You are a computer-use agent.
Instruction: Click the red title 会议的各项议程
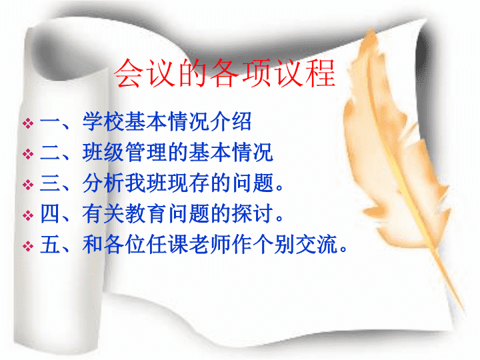click(x=225, y=73)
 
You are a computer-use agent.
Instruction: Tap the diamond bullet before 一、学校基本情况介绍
click(x=28, y=123)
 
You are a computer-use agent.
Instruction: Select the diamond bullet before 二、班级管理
click(x=28, y=154)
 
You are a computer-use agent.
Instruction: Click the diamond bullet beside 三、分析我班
click(x=28, y=185)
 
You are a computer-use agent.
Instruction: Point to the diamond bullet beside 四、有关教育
click(x=28, y=215)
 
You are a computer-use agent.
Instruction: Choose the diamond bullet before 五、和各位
click(x=28, y=246)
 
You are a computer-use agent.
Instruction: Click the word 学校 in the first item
click(x=104, y=121)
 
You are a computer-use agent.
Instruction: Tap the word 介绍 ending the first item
click(x=231, y=121)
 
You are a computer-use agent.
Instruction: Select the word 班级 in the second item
click(x=104, y=152)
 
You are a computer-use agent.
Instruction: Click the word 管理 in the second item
click(x=146, y=152)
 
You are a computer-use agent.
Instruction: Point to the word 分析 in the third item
click(x=104, y=183)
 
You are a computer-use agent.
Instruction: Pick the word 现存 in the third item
click(x=189, y=183)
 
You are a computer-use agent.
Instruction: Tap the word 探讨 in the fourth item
click(x=253, y=214)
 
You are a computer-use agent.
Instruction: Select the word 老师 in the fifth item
click(x=210, y=244)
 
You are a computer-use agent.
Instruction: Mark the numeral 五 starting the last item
click(x=50, y=244)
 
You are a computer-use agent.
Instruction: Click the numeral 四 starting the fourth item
click(x=50, y=214)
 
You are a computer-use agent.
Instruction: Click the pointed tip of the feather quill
click(x=463, y=309)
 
